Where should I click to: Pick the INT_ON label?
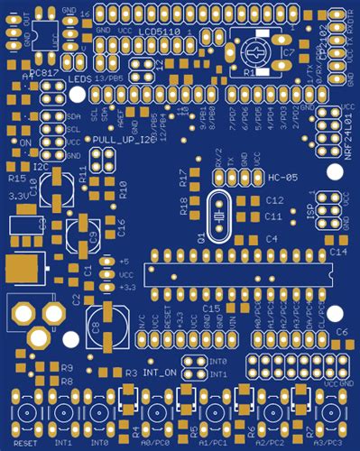tap(159, 372)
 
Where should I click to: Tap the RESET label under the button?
tap(27, 444)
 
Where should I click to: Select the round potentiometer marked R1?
tap(255, 51)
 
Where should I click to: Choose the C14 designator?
tap(336, 253)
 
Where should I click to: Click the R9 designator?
tap(66, 368)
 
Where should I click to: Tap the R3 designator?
tap(130, 372)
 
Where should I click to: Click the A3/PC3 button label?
tap(328, 444)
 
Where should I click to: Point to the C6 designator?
tap(341, 332)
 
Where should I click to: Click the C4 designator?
tap(272, 238)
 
